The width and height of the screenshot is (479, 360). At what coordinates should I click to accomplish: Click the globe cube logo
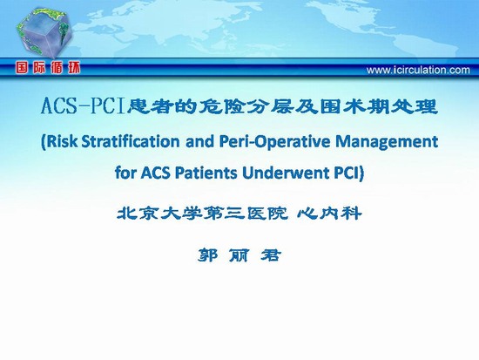pyautogui.click(x=44, y=33)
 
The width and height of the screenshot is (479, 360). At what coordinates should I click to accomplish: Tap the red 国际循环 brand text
pyautogui.click(x=48, y=68)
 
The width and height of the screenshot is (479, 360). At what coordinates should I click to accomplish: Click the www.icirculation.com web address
pyautogui.click(x=418, y=70)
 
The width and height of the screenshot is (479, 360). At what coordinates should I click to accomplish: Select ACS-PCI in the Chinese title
pyautogui.click(x=84, y=106)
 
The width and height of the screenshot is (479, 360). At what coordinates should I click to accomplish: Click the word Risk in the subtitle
pyautogui.click(x=61, y=141)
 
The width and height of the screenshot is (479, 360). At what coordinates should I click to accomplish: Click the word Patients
pyautogui.click(x=206, y=173)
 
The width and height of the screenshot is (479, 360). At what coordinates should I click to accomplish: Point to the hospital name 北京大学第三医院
pyautogui.click(x=202, y=213)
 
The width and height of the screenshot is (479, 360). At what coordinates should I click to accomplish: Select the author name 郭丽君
pyautogui.click(x=239, y=255)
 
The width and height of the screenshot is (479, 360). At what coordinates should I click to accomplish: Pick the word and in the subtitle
pyautogui.click(x=199, y=141)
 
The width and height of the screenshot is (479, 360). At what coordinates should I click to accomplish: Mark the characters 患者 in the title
pyautogui.click(x=144, y=106)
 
